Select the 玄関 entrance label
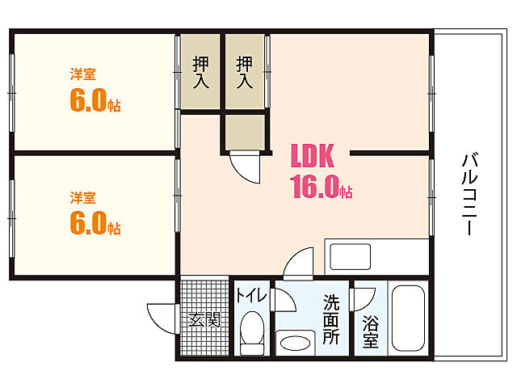(204, 319)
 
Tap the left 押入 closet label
(201, 71)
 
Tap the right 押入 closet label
(245, 71)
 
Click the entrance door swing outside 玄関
(162, 317)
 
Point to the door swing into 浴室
(364, 297)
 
